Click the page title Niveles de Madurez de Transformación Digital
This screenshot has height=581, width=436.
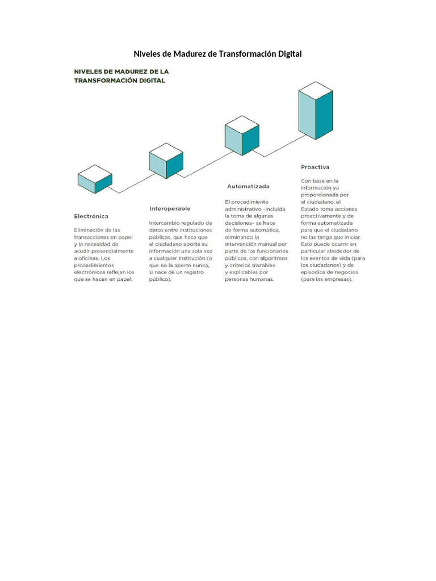click(217, 54)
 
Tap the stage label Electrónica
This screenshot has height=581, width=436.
click(91, 216)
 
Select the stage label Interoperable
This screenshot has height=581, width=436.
click(170, 208)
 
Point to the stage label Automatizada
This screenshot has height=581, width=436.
click(248, 186)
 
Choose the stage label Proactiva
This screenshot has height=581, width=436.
click(315, 167)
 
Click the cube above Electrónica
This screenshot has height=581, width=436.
click(95, 179)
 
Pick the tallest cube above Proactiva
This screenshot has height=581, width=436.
click(316, 110)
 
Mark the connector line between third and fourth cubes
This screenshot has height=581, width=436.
click(280, 145)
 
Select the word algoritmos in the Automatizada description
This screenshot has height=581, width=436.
click(269, 258)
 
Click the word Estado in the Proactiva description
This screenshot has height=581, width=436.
click(311, 209)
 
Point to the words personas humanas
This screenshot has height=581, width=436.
click(249, 279)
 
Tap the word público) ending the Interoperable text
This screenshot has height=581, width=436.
click(160, 279)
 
